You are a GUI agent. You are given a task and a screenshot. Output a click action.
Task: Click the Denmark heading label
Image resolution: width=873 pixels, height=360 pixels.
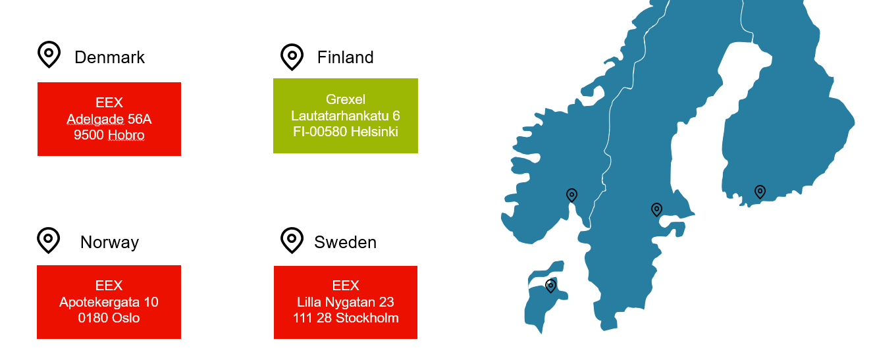[x=109, y=58]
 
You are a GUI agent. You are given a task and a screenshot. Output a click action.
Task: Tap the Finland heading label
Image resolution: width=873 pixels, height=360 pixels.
[x=345, y=58]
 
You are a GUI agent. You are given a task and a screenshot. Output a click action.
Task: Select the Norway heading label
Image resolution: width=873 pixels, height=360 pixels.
[x=109, y=243]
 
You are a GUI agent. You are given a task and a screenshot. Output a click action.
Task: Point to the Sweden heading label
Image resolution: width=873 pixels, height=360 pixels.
[x=345, y=242]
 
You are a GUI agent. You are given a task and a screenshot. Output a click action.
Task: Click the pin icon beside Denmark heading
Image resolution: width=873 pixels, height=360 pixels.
[x=49, y=55]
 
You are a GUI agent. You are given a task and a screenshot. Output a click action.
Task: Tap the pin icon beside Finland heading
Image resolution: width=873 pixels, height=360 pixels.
[x=292, y=57]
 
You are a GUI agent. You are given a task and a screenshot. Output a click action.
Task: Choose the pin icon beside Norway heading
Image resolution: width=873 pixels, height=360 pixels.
[x=48, y=240]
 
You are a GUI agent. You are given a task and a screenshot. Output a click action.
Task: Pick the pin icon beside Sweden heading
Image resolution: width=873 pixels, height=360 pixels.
[x=292, y=240]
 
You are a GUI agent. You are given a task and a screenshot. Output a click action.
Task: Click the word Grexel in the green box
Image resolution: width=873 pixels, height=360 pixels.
[x=345, y=100]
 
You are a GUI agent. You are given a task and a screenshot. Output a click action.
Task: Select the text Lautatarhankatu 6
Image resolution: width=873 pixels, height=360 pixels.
[x=345, y=116]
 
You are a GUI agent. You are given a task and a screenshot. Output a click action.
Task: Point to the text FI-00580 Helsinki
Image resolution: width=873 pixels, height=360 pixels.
[x=345, y=132]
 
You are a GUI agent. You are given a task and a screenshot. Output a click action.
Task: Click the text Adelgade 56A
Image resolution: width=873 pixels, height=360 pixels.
[x=109, y=119]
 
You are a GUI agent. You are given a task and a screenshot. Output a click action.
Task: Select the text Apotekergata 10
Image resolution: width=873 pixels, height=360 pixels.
[x=109, y=302]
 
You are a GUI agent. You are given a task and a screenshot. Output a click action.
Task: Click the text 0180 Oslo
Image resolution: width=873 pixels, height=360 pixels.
[x=109, y=319]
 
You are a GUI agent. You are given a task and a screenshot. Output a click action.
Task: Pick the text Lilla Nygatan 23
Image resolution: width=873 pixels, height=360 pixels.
[x=345, y=302]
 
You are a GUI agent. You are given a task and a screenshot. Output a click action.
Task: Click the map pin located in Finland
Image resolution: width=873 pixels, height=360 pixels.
[x=760, y=192]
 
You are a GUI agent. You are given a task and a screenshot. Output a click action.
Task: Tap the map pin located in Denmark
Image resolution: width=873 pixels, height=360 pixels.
[x=550, y=286]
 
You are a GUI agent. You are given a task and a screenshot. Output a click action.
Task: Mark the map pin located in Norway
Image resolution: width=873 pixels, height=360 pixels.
[x=571, y=195]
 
